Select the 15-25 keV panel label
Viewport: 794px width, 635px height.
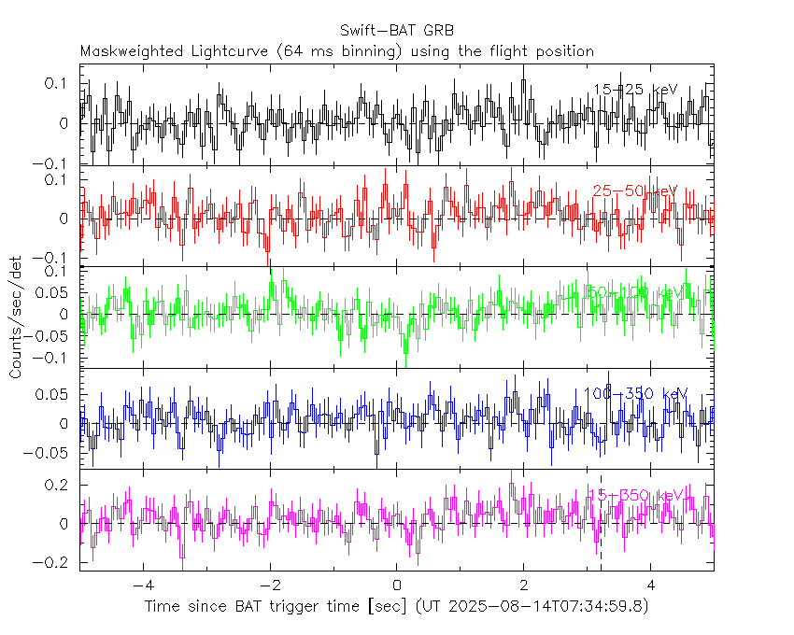pyautogui.click(x=635, y=91)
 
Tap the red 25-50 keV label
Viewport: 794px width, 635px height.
pyautogui.click(x=635, y=191)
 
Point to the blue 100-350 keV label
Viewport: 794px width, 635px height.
pyautogui.click(x=635, y=394)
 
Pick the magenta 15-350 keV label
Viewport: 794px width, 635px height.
pyautogui.click(x=639, y=495)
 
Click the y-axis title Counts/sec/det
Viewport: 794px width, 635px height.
pyautogui.click(x=16, y=317)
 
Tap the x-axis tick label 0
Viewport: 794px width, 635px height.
pyautogui.click(x=397, y=586)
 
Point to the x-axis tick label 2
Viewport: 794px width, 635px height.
pyautogui.click(x=524, y=586)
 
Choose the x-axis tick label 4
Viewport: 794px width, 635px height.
pyautogui.click(x=651, y=586)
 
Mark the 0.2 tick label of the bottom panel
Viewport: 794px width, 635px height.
pyautogui.click(x=58, y=485)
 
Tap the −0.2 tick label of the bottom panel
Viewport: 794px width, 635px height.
pyautogui.click(x=54, y=563)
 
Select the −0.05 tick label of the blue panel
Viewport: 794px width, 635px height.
pyautogui.click(x=50, y=454)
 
